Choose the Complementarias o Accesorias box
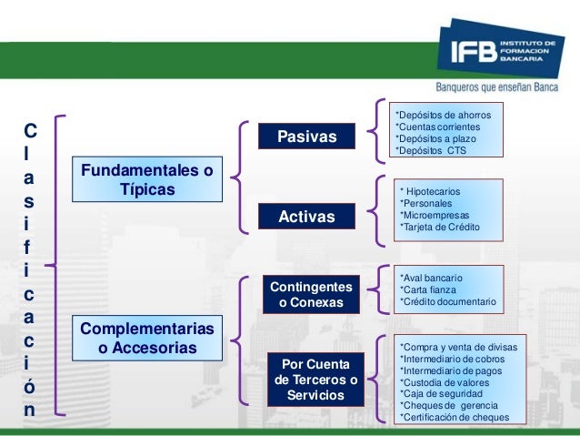pyautogui.click(x=147, y=338)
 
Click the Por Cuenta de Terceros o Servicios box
pyautogui.click(x=315, y=380)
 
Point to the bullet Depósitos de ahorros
pyautogui.click(x=443, y=116)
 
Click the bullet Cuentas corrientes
pyautogui.click(x=439, y=127)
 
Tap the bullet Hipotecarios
pyautogui.click(x=430, y=192)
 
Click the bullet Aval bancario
pyautogui.click(x=432, y=277)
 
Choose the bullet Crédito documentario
pyautogui.click(x=448, y=301)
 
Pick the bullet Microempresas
pyautogui.click(x=435, y=215)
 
